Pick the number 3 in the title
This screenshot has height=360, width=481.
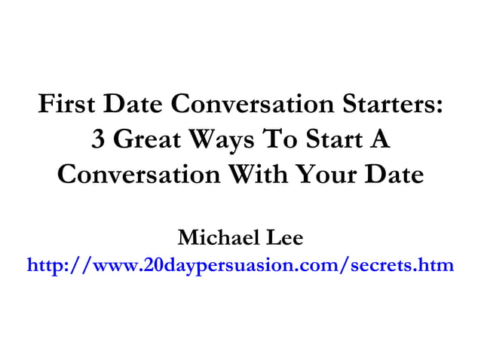98,139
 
